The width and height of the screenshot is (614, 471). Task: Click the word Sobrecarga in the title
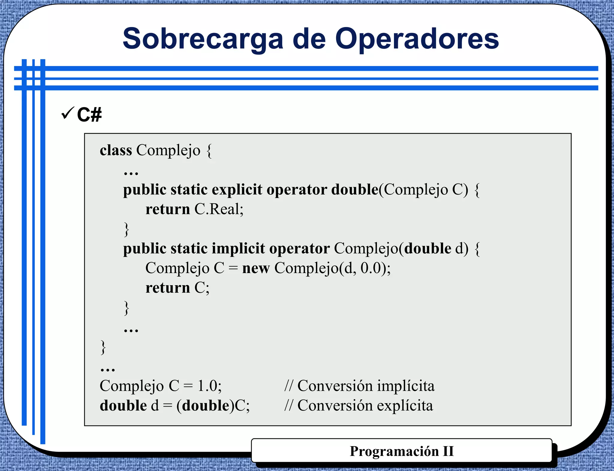[203, 39]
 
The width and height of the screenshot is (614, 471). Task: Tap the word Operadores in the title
[417, 39]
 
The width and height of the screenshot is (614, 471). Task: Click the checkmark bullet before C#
[67, 113]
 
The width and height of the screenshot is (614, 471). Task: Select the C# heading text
[89, 115]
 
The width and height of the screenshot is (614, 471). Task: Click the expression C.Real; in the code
[219, 209]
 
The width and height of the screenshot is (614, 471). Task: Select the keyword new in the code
[256, 268]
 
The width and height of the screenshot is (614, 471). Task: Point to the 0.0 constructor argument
[371, 268]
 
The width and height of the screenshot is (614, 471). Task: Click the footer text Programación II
[402, 451]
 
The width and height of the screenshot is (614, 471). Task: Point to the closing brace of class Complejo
[103, 347]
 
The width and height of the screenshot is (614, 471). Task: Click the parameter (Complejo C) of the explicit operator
[423, 190]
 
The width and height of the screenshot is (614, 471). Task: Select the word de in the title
[309, 39]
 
